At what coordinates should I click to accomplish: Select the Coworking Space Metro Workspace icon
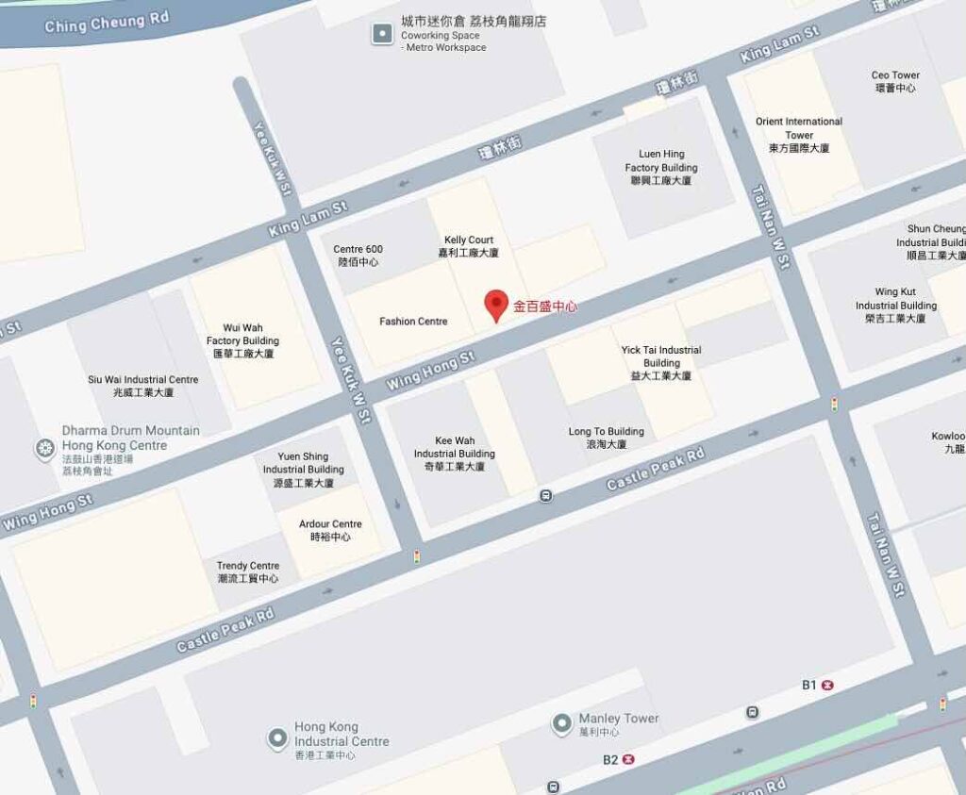click(x=382, y=34)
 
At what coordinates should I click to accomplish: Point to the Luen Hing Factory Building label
click(x=661, y=167)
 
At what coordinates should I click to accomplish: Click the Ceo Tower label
click(x=895, y=81)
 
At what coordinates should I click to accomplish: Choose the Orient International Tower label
click(x=798, y=135)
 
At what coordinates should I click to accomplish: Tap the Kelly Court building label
click(x=468, y=246)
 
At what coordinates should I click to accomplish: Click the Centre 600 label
click(x=358, y=256)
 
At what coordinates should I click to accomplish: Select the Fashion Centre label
click(x=413, y=322)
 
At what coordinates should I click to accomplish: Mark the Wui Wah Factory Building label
click(x=242, y=340)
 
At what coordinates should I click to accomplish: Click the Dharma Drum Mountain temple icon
click(x=44, y=449)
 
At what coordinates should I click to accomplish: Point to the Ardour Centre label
click(x=330, y=530)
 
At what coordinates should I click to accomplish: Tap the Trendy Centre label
click(x=248, y=571)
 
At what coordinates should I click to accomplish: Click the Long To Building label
click(x=606, y=438)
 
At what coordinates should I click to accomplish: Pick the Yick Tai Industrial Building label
click(x=661, y=362)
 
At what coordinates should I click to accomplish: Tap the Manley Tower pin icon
click(x=562, y=723)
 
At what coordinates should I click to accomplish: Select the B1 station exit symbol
click(x=828, y=686)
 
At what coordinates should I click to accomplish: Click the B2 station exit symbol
click(x=629, y=759)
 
